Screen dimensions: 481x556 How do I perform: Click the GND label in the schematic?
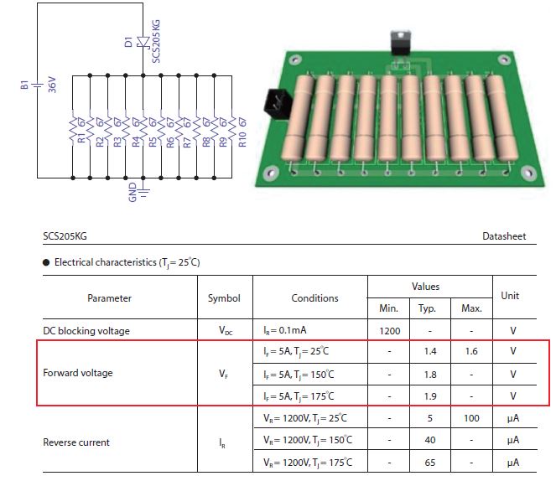pyautogui.click(x=133, y=194)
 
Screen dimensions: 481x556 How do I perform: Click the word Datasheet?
pyautogui.click(x=504, y=237)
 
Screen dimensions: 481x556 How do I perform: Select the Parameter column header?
pyautogui.click(x=109, y=298)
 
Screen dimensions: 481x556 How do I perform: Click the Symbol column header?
pyautogui.click(x=224, y=298)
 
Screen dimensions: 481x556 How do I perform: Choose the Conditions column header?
pyautogui.click(x=314, y=298)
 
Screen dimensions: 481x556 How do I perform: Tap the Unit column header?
pyautogui.click(x=510, y=296)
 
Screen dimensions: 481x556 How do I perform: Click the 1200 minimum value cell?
pyautogui.click(x=388, y=330)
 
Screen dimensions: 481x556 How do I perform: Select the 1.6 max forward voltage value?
pyautogui.click(x=471, y=352)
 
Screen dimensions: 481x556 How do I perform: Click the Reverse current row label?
pyautogui.click(x=76, y=441)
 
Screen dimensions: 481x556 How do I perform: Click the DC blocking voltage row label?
pyautogui.click(x=86, y=330)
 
